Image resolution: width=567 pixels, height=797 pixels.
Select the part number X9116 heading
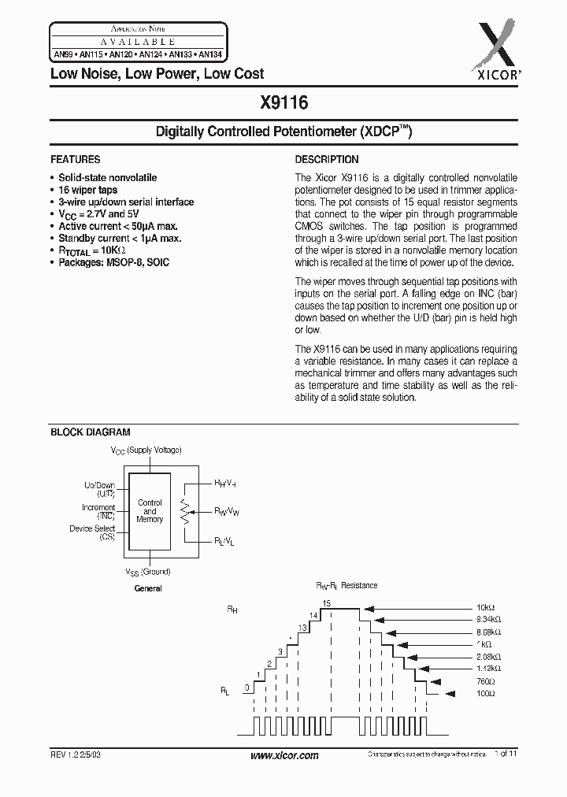[283, 102]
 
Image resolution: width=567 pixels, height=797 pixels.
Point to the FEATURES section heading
[76, 159]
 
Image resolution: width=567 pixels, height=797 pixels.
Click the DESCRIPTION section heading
[327, 159]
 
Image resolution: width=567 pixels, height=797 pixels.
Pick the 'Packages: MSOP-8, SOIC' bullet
[113, 261]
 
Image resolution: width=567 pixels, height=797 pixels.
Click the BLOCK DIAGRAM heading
[91, 432]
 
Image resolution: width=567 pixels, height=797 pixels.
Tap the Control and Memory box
[150, 511]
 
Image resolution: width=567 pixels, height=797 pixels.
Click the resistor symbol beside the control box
[186, 512]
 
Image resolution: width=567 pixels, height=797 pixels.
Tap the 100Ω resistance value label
[485, 694]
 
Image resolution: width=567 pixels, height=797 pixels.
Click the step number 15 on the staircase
[327, 602]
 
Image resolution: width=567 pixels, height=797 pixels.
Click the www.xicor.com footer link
[283, 755]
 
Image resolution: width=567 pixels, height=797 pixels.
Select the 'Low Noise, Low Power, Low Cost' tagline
[157, 74]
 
